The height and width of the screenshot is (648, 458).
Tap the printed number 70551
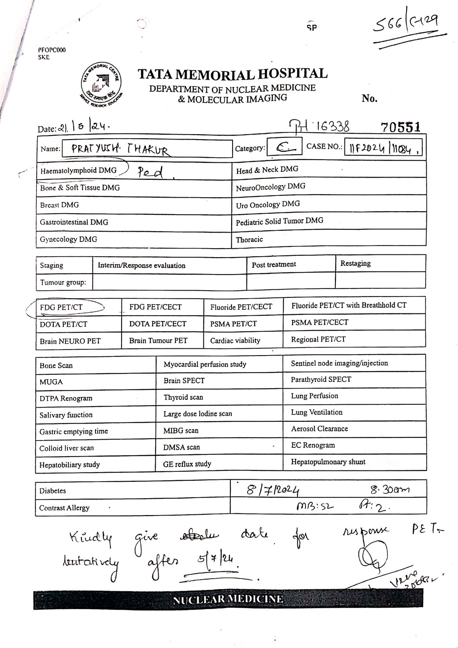point(400,127)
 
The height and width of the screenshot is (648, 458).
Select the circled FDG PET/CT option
point(62,307)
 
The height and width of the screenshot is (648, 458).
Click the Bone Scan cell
point(56,365)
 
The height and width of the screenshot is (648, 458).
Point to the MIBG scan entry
point(181,431)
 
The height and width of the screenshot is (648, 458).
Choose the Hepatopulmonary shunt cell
point(328,462)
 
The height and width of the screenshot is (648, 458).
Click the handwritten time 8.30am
point(387,489)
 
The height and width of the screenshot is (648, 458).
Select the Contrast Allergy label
point(64,508)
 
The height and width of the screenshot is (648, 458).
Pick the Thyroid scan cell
point(183,397)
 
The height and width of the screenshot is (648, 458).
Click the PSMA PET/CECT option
point(319,322)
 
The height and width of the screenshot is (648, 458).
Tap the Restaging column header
point(355,263)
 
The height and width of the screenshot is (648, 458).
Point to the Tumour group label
point(63,282)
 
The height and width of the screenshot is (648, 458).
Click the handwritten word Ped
point(150,172)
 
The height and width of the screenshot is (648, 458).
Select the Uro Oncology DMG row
point(268,204)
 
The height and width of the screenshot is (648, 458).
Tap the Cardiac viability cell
point(235,340)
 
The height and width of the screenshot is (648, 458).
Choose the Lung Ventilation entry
point(316,412)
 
